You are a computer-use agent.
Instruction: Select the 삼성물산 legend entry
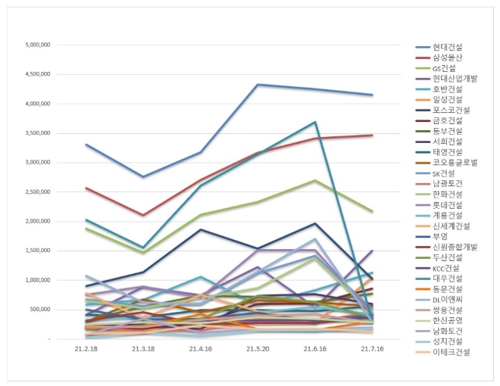point(447,58)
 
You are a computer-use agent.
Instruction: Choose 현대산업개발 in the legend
point(455,79)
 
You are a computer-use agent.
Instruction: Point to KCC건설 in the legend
point(447,268)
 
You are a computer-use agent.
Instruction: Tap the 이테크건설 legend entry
point(451,352)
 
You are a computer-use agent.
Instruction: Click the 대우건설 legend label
point(447,279)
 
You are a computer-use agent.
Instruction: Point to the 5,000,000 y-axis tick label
point(37,45)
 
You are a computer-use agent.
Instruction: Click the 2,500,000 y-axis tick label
point(37,191)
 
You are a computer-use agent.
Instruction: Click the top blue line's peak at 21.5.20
point(258,85)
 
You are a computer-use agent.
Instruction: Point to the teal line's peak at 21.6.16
point(315,122)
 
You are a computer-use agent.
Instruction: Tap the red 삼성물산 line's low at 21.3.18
point(144,216)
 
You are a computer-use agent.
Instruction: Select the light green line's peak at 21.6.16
point(315,180)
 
